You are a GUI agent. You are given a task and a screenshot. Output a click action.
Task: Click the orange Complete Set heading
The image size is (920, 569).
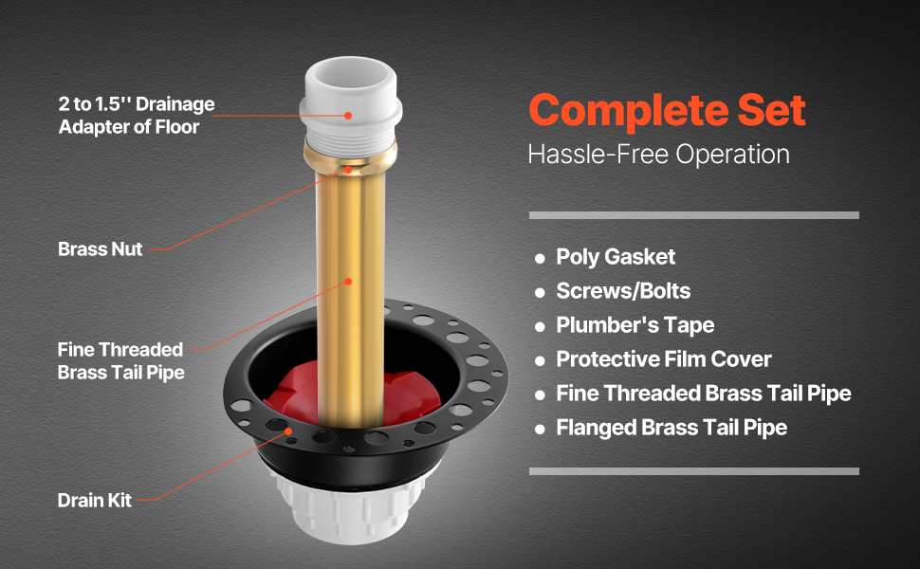point(667,110)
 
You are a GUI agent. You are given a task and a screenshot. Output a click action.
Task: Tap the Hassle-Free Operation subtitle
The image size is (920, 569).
point(658,155)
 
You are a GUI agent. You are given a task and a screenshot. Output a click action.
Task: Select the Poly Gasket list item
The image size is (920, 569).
point(616,257)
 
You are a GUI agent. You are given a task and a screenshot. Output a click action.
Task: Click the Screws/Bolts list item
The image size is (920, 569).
point(623,291)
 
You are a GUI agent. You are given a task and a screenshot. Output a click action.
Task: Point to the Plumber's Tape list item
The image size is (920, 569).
point(635,325)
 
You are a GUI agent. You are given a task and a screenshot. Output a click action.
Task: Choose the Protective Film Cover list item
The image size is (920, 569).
point(664,359)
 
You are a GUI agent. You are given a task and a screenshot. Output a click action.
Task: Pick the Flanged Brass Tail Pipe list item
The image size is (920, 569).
point(672,428)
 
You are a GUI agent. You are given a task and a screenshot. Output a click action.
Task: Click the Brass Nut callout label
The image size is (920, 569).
point(101,248)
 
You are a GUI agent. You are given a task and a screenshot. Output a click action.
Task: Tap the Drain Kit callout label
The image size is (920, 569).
point(95,501)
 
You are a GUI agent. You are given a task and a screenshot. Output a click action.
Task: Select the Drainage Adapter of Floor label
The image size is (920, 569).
point(137,116)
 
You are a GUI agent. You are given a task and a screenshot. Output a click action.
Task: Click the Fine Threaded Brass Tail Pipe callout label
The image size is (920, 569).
point(120,360)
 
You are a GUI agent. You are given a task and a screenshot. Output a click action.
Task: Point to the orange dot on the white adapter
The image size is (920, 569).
point(348,116)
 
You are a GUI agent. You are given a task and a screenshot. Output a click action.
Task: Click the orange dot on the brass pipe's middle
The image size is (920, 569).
point(348,282)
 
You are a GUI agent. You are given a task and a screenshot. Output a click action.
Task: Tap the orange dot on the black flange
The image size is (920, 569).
point(288,431)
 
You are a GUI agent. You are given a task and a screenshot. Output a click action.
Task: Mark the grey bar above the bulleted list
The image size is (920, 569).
point(694,215)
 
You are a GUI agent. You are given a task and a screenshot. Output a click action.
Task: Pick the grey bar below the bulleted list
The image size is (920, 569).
point(694,471)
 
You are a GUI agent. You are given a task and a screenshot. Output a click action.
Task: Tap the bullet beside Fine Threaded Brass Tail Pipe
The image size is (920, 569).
point(540,395)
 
